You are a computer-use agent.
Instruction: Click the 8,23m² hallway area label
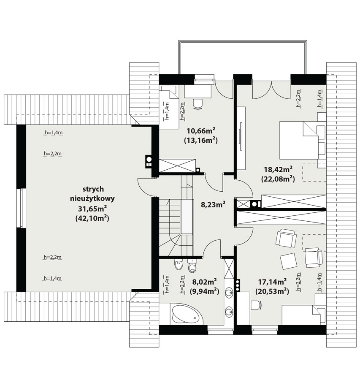coord(213,204)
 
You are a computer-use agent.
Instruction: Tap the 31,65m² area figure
coord(92,209)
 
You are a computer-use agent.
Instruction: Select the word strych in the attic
coord(93,189)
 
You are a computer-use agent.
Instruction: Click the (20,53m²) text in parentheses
coord(272,290)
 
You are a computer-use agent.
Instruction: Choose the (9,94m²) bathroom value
coord(205,290)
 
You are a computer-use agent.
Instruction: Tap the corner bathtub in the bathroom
coord(187,315)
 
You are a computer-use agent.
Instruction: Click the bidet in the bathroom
coord(179,264)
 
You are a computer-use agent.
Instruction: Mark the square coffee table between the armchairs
coord(288,261)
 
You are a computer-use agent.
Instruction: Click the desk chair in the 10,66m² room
coord(198,104)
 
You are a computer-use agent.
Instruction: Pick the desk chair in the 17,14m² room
coord(257,305)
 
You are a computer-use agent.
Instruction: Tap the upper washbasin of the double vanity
coord(228,293)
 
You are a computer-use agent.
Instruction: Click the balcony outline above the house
coord(243,42)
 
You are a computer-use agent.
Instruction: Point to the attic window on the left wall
coord(22,208)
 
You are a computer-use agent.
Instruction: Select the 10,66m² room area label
coord(201,131)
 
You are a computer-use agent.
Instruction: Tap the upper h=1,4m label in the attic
coord(54,133)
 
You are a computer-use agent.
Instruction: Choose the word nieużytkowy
coord(92,199)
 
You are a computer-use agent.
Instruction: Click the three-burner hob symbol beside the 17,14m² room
coord(238,285)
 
